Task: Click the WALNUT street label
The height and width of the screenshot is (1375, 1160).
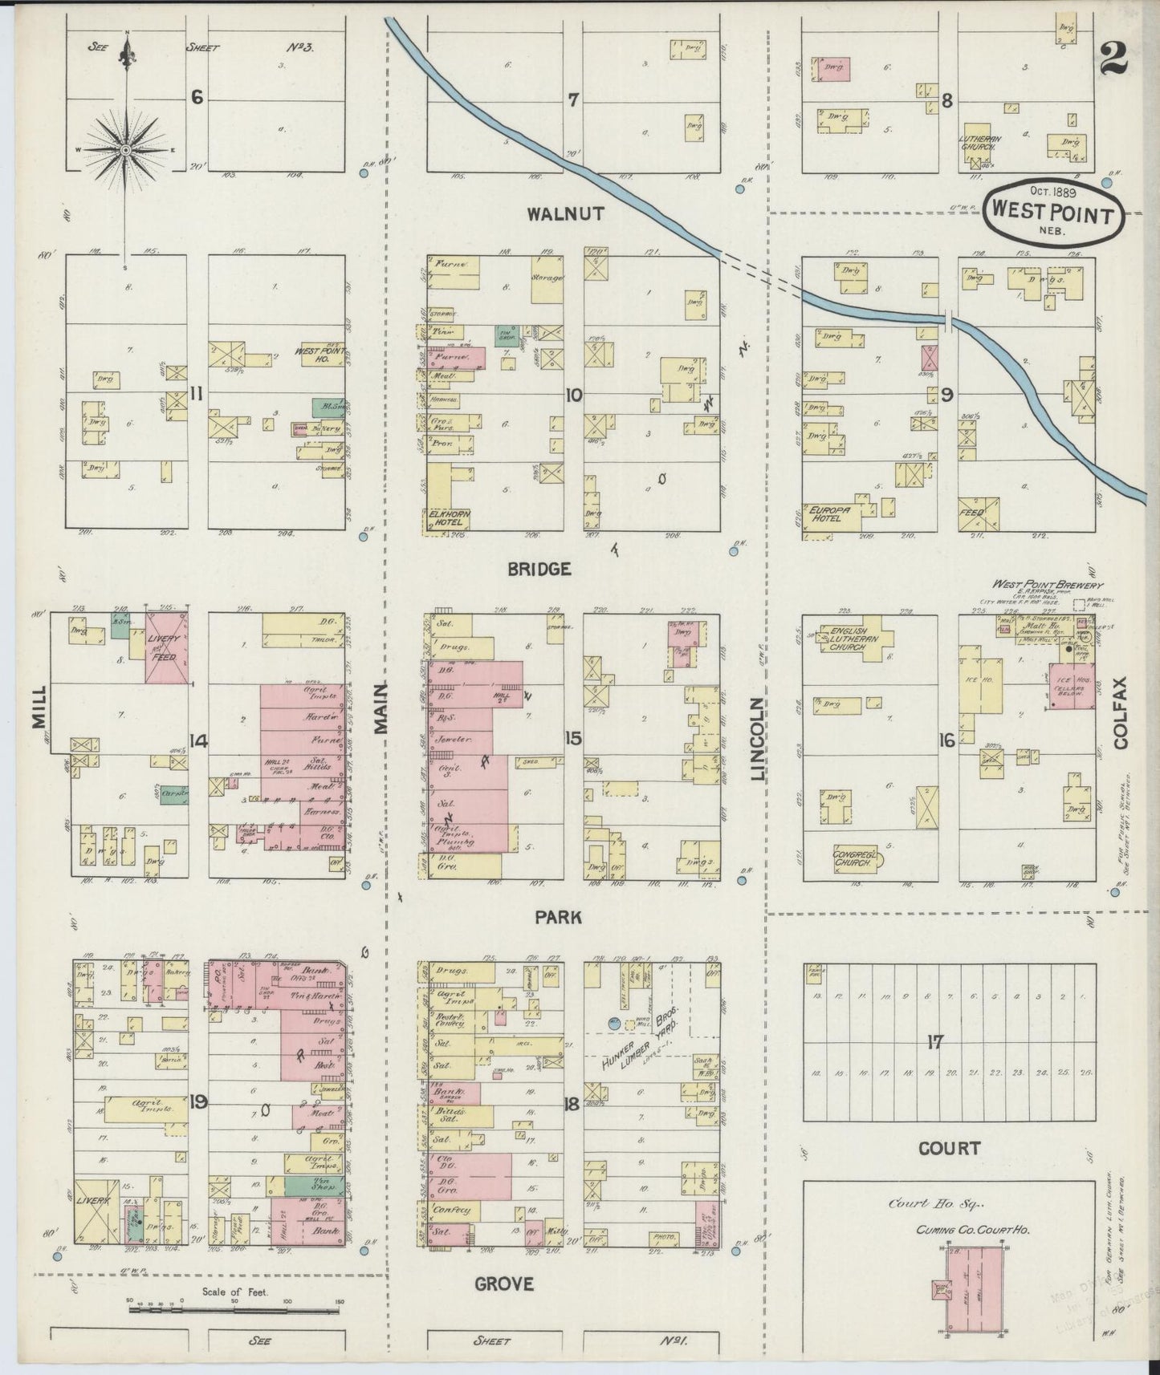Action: (565, 214)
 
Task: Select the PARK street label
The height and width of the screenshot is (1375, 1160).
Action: (560, 917)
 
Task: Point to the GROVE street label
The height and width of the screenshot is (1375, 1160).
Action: (504, 1284)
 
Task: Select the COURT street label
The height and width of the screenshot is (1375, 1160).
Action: (950, 1148)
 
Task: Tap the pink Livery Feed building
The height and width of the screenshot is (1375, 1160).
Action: (167, 647)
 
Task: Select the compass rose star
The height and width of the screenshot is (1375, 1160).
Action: (127, 150)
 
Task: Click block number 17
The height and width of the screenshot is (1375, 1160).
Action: (934, 1042)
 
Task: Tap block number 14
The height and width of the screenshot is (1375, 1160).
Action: (198, 741)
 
